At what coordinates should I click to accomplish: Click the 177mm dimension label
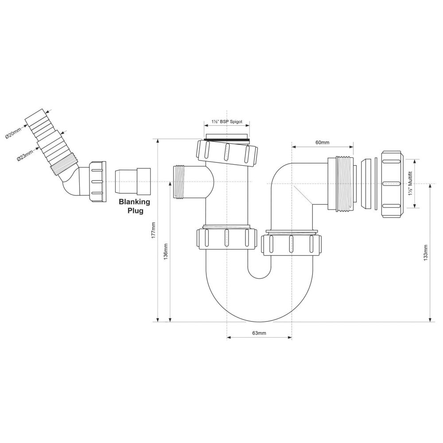click(154, 230)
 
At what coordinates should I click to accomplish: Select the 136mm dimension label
click(166, 252)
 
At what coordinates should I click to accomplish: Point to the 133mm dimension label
click(425, 253)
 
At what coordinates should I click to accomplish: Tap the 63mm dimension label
click(259, 333)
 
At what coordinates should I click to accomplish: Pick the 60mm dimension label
click(323, 142)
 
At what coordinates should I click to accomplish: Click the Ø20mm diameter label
click(13, 133)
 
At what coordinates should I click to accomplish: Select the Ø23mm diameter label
click(25, 155)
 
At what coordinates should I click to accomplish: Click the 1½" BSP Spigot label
click(227, 121)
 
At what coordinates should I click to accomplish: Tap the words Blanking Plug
click(135, 206)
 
